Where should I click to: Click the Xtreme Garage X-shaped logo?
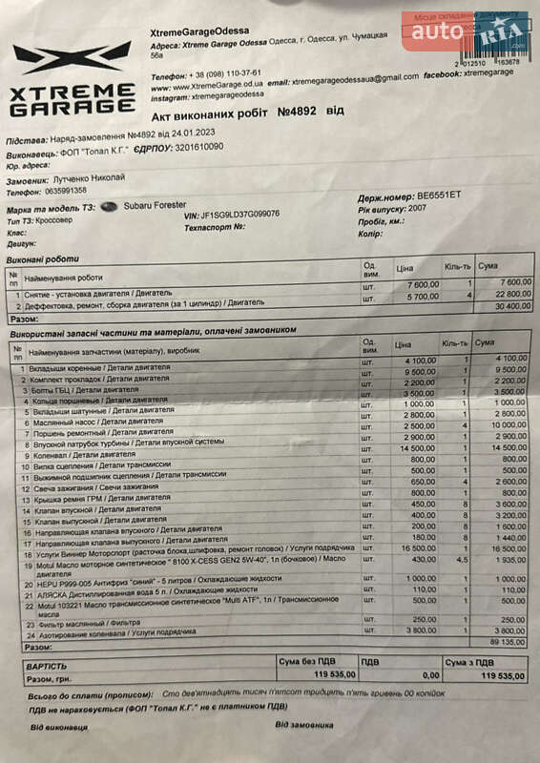click(73, 59)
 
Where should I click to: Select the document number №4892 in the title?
click(298, 113)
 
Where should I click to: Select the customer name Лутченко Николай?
click(90, 179)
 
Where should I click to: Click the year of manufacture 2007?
click(416, 207)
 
